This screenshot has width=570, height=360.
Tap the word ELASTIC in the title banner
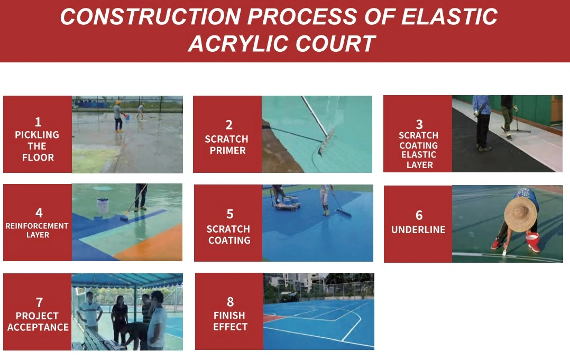coord(449,17)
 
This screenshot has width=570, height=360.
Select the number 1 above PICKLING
coord(38,122)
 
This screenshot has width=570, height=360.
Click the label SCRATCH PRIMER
coord(227,144)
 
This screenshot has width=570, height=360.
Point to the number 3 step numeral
coord(419,124)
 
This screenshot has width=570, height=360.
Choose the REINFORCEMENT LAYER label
coord(37,230)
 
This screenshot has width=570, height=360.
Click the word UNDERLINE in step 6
coord(418,229)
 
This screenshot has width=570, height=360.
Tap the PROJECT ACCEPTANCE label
coord(38,321)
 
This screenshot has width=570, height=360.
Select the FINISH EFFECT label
coord(230,321)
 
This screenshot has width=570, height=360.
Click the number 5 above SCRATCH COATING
coord(229,214)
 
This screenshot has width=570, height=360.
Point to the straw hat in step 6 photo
coord(520,214)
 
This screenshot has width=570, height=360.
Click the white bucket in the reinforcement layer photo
coord(103,206)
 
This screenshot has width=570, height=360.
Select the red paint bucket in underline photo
coord(532,242)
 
